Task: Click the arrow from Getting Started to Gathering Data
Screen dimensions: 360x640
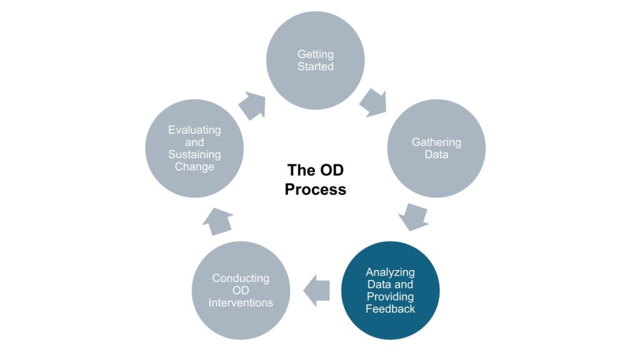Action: (x=374, y=101)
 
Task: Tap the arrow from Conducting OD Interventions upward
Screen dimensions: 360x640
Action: (x=218, y=220)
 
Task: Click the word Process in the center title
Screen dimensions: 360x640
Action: (x=315, y=189)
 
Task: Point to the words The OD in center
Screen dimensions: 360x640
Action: (x=315, y=170)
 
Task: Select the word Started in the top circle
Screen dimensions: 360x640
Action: (x=316, y=66)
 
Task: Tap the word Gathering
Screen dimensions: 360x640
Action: (x=436, y=142)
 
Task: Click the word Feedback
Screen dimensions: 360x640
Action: (x=391, y=309)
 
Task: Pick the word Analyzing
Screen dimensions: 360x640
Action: (x=391, y=272)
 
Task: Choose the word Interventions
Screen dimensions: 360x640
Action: (x=241, y=302)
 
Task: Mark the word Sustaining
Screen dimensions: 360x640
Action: (x=194, y=154)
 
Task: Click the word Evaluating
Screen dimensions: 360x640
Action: (x=194, y=130)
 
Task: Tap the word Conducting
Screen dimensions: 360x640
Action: (x=241, y=278)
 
